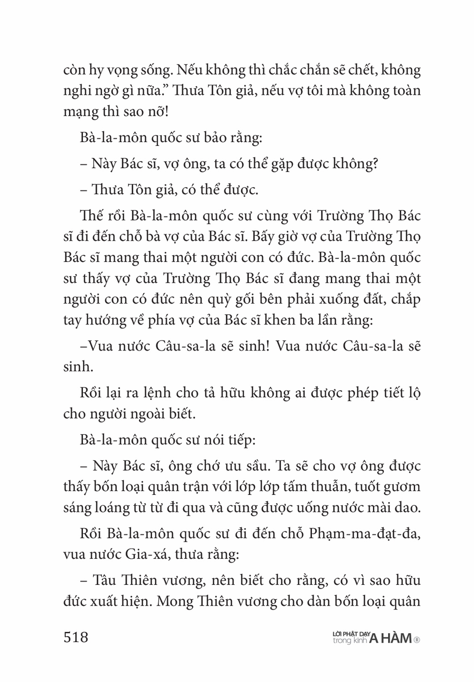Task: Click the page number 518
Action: [x=76, y=637]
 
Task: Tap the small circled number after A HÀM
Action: [x=417, y=639]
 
